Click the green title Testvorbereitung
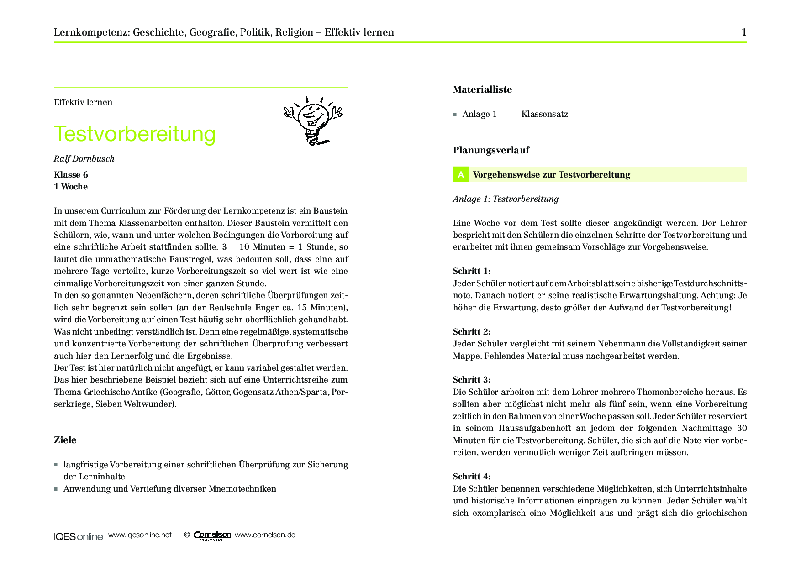(134, 134)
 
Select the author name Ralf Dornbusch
(84, 159)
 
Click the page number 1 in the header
(744, 32)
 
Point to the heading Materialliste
(482, 89)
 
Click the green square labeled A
(461, 174)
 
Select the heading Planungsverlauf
(491, 150)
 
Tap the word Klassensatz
(545, 114)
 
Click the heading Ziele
(65, 440)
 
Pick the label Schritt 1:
(472, 271)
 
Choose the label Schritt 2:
(472, 332)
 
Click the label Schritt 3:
(472, 380)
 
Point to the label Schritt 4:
(472, 477)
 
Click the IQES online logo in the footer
(79, 536)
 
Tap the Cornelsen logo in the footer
(212, 535)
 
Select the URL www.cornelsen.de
(265, 535)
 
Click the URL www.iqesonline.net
(140, 535)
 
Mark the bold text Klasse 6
(71, 175)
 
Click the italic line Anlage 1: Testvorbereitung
(506, 199)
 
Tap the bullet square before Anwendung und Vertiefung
(56, 489)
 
